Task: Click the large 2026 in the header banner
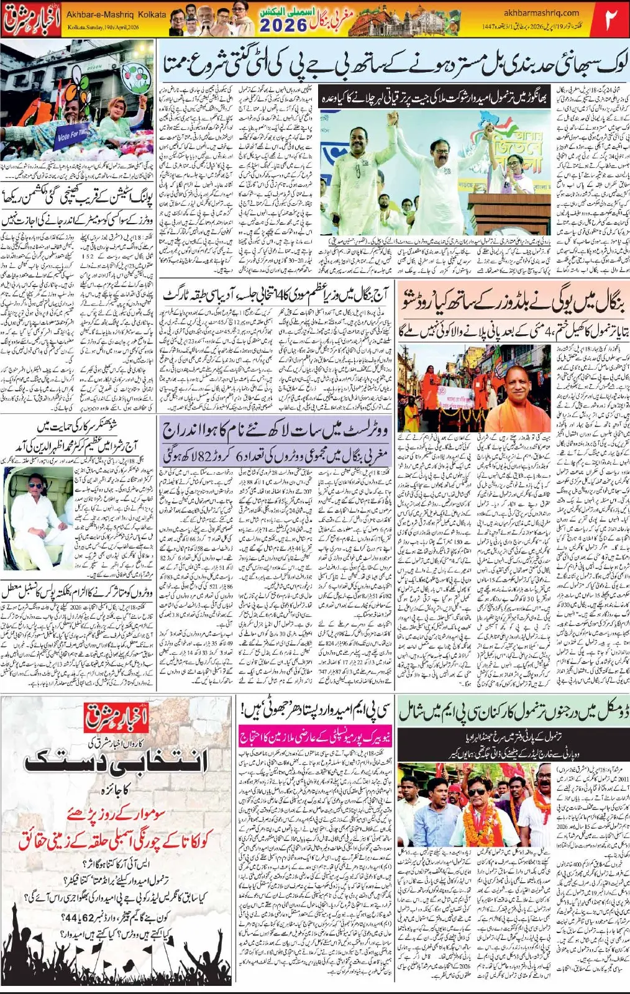pyautogui.click(x=283, y=26)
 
